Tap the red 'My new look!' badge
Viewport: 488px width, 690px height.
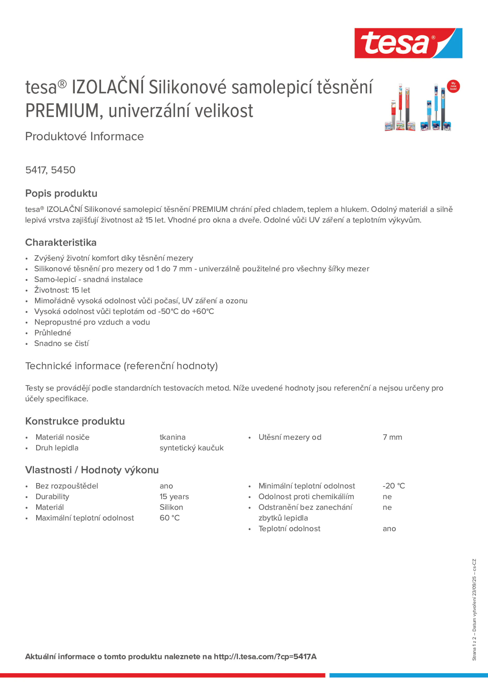tap(453, 86)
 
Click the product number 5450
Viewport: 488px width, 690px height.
tap(63, 170)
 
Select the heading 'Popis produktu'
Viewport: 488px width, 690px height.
tap(61, 193)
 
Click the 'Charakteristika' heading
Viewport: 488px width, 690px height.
tap(61, 242)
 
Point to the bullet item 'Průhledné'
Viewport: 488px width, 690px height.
tap(53, 333)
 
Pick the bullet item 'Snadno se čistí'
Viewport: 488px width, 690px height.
tap(61, 343)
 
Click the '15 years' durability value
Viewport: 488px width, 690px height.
tap(174, 497)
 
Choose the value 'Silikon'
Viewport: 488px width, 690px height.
tap(171, 507)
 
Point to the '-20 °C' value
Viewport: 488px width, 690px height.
tap(394, 486)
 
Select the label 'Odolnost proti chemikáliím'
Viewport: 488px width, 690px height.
tap(306, 497)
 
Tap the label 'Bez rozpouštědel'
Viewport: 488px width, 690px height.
tap(66, 486)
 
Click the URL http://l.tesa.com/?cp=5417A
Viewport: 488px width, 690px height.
tap(265, 657)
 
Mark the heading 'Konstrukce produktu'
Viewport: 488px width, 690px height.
tap(75, 421)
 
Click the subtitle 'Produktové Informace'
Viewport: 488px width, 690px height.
tap(85, 136)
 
